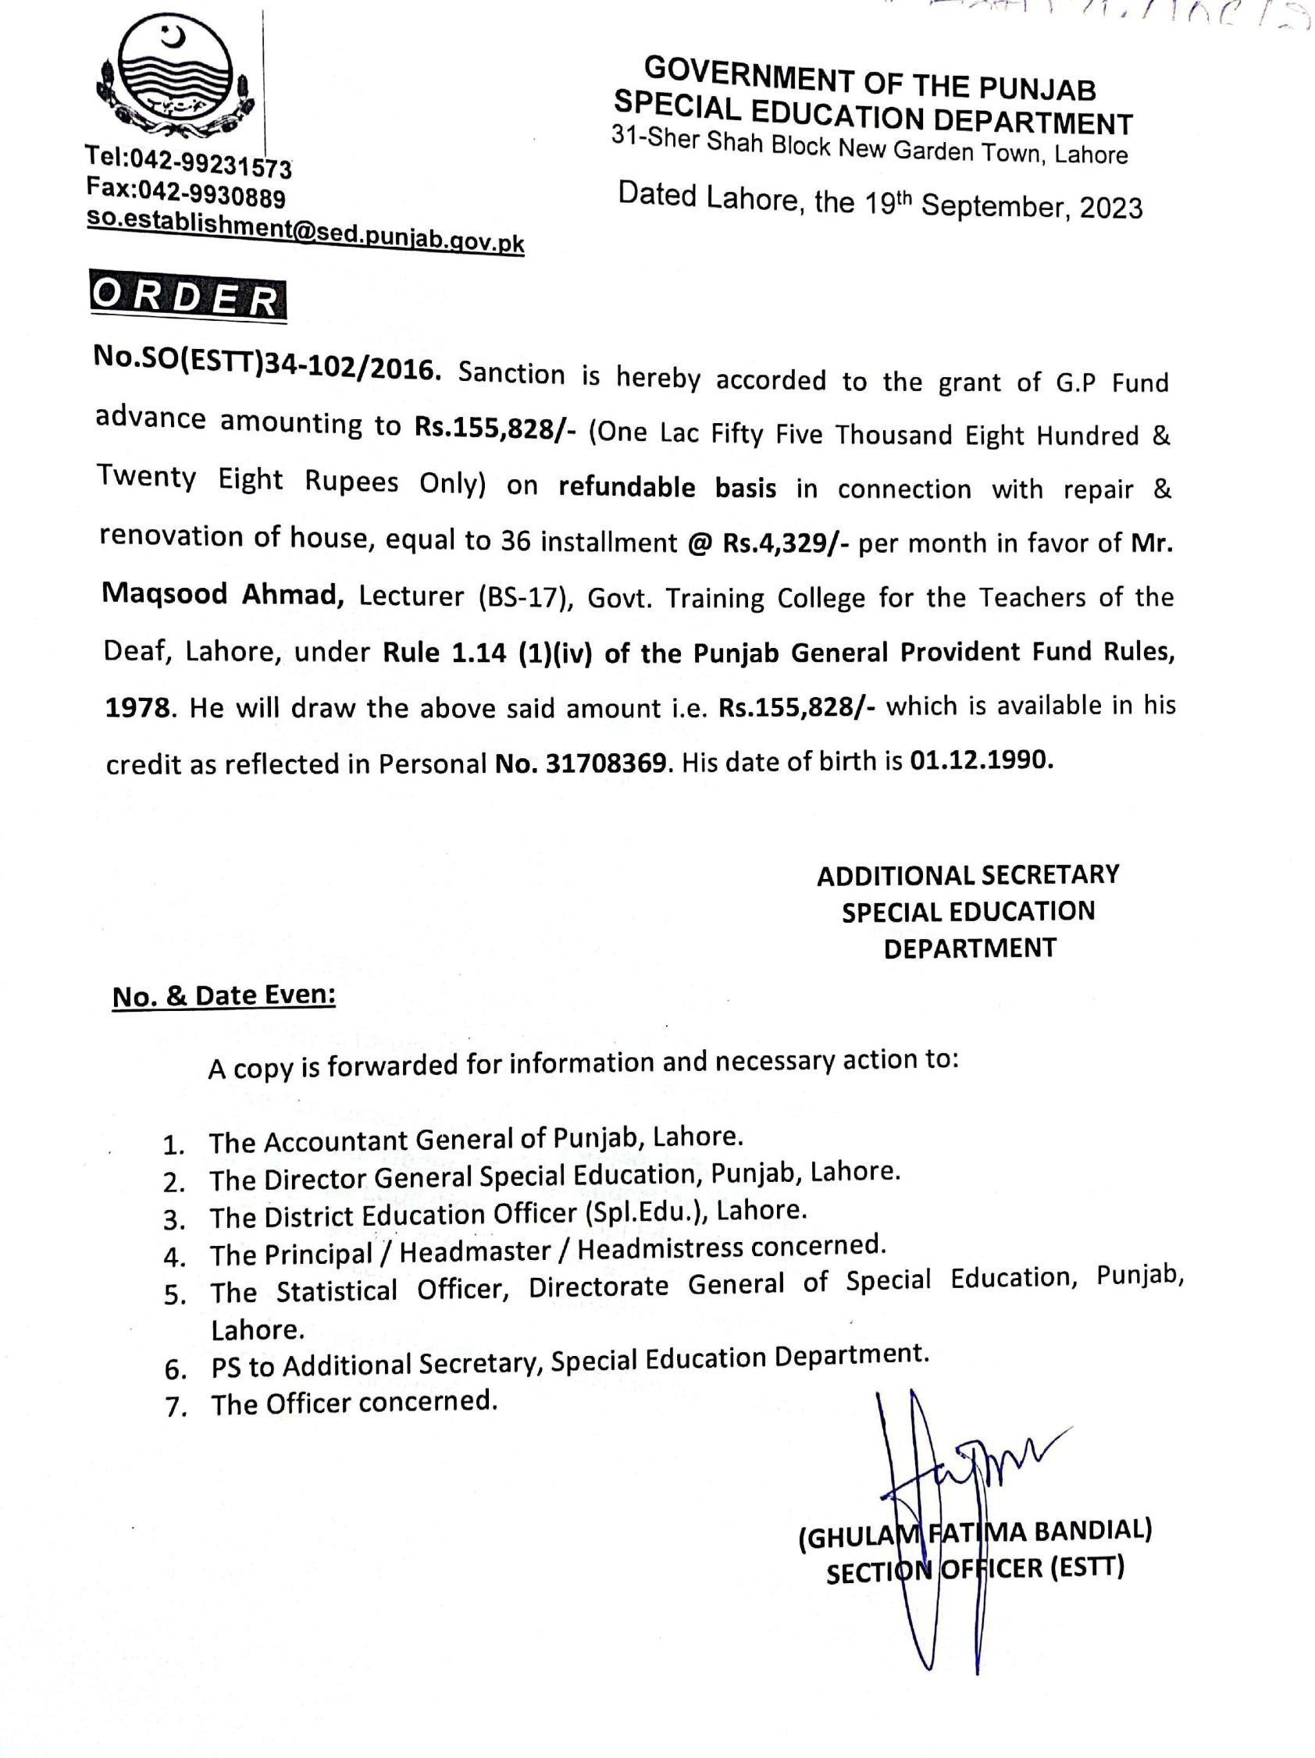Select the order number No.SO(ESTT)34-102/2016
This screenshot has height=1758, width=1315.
tap(266, 368)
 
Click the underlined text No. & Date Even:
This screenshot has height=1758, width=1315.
tap(223, 996)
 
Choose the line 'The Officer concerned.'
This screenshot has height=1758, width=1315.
tap(354, 1403)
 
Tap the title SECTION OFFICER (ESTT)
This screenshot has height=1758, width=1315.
tap(975, 1571)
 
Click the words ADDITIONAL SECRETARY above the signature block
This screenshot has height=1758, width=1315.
tap(968, 875)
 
